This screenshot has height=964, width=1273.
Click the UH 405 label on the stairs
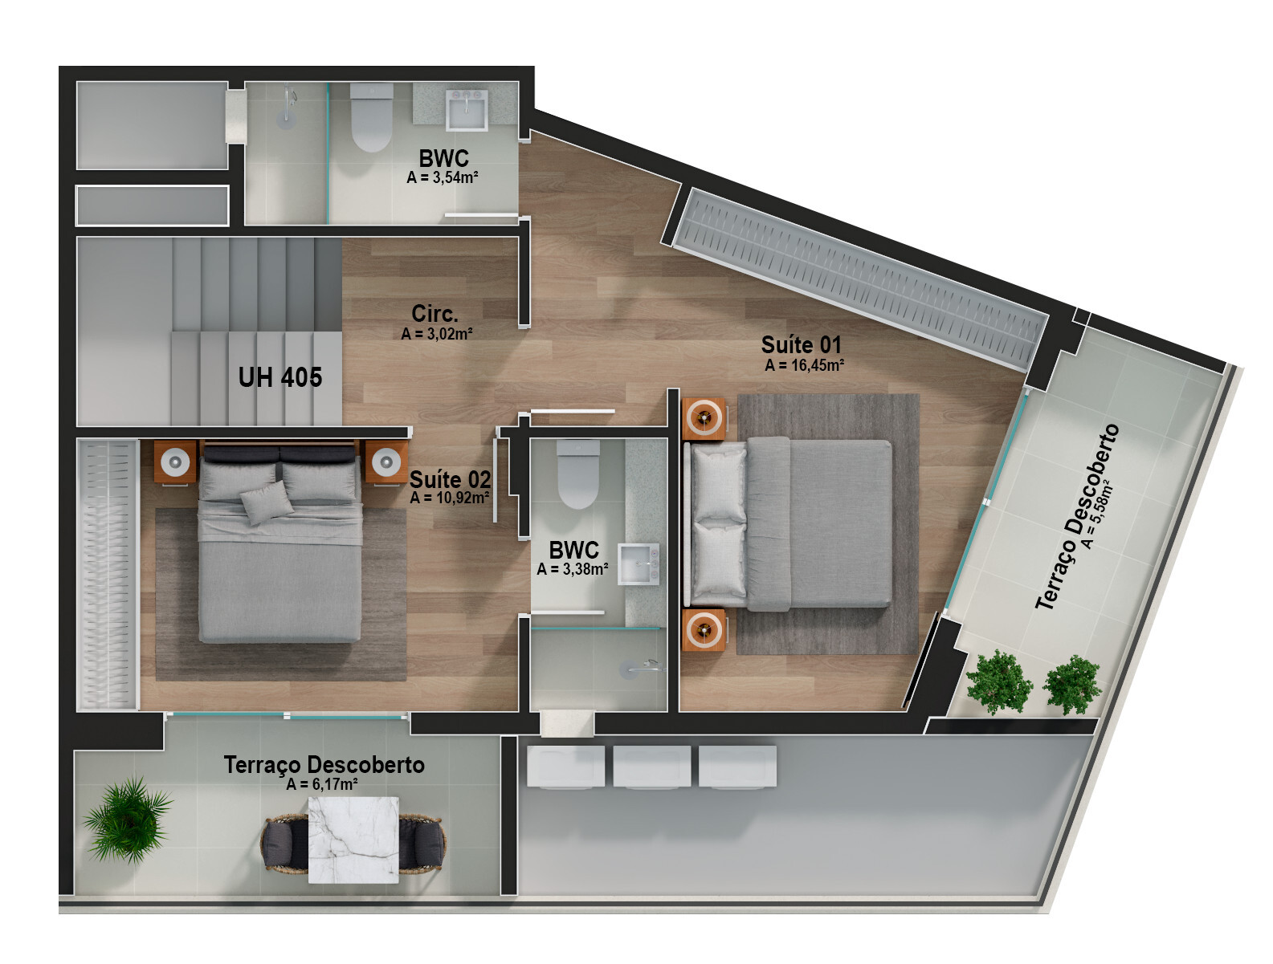[x=279, y=377]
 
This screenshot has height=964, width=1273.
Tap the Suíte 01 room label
[x=801, y=345]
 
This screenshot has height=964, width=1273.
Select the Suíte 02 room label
[x=450, y=479]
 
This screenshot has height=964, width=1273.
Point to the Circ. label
[x=435, y=313]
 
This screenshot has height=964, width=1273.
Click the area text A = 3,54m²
[x=443, y=177]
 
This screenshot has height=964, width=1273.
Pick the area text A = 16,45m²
[x=804, y=365]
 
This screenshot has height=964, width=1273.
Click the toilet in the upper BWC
[x=371, y=118]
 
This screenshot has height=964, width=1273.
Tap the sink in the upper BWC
[x=467, y=110]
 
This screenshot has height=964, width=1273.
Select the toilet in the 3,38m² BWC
[x=578, y=476]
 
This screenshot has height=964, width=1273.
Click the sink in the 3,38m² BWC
[x=639, y=563]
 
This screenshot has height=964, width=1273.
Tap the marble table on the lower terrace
[x=353, y=839]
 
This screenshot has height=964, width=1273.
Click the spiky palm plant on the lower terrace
[x=127, y=819]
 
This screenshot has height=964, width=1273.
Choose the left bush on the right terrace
[x=998, y=682]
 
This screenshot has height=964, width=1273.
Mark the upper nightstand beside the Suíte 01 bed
[x=704, y=417]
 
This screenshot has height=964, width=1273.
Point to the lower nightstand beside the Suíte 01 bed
[x=704, y=630]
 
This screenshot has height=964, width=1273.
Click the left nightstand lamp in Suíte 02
[x=175, y=462]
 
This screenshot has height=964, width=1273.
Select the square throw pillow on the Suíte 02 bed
[x=267, y=504]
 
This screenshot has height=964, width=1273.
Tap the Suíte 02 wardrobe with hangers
[x=108, y=575]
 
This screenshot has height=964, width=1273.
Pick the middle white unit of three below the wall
[x=651, y=767]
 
